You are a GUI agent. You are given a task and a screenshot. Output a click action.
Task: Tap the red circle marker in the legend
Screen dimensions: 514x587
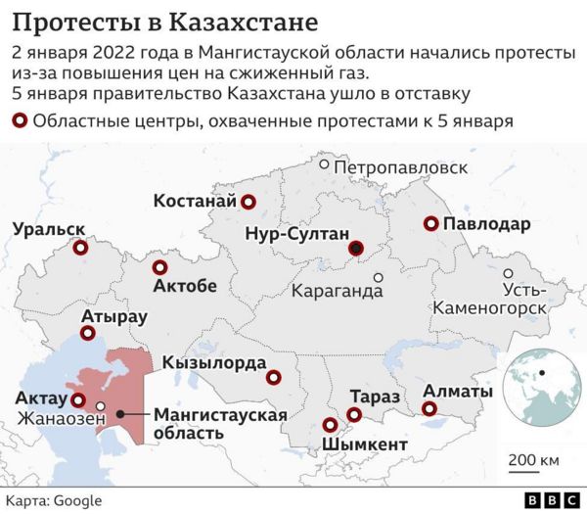coord(20,121)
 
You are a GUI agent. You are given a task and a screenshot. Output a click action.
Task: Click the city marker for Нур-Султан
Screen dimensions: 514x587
coord(357,249)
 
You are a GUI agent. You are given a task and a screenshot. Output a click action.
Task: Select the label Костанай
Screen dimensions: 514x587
coord(196,202)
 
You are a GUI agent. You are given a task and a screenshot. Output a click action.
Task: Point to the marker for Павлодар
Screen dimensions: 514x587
coord(430,224)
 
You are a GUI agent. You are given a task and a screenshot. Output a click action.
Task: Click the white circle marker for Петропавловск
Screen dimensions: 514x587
coord(324,165)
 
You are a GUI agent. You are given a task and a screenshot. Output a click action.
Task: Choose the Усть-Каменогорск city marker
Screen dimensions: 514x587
coord(508,275)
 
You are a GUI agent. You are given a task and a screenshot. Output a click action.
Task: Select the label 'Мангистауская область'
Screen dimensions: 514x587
coord(220,423)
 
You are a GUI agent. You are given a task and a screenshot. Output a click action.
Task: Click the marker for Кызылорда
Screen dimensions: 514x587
coord(274,377)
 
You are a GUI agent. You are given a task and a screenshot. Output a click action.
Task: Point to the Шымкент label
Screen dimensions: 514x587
coord(364,444)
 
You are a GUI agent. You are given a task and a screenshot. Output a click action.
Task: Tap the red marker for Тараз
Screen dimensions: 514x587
coord(354,415)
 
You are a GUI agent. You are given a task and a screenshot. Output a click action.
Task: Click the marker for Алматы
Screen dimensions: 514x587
coord(429,411)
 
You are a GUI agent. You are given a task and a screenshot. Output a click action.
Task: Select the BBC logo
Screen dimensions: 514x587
coord(552,500)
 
